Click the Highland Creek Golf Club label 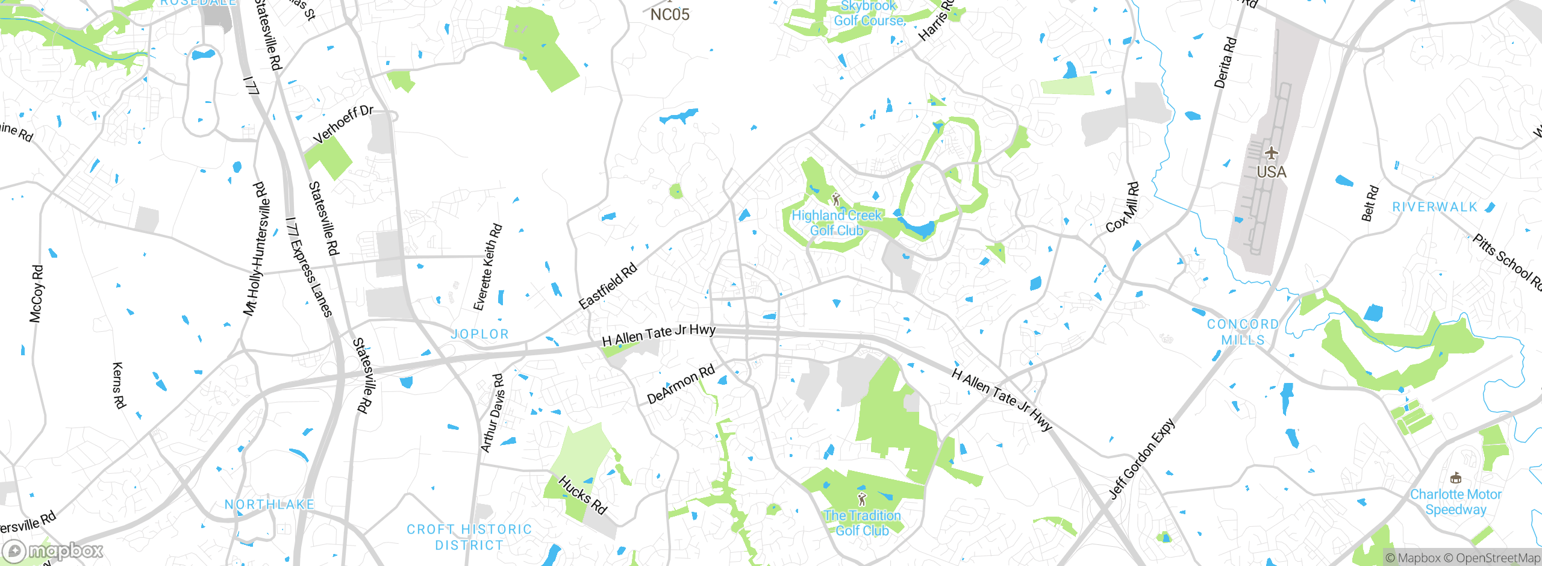(x=836, y=223)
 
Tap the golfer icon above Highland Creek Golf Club (x=835, y=198)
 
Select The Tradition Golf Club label (x=862, y=523)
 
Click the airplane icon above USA (x=1272, y=153)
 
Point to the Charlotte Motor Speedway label (x=1455, y=502)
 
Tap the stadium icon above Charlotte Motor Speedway (x=1456, y=478)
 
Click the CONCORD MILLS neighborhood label (x=1243, y=332)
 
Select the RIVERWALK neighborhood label (x=1435, y=207)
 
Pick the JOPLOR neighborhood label (x=480, y=334)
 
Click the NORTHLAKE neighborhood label (x=269, y=505)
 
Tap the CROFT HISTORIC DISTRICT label (x=469, y=537)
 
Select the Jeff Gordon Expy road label (x=1142, y=459)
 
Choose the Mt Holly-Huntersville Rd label (x=257, y=249)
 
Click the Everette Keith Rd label (x=488, y=267)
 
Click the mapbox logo (x=53, y=551)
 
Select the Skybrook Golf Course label (x=869, y=13)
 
